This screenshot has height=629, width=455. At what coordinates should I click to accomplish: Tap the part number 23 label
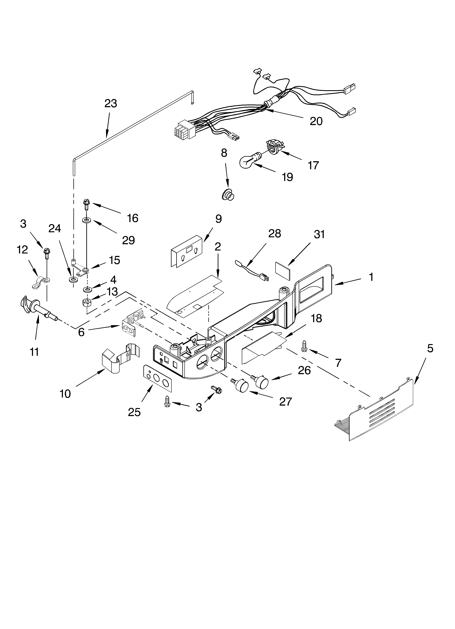111,103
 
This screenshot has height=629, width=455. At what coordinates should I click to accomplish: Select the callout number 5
430,348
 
